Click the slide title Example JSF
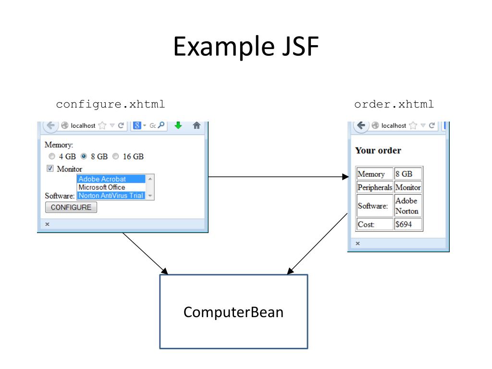(x=246, y=48)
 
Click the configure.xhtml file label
(x=111, y=104)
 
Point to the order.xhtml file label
(x=394, y=104)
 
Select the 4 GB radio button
(x=52, y=157)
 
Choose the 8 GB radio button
(x=84, y=157)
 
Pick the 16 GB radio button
(x=115, y=157)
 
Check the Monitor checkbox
(x=50, y=169)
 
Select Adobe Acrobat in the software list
(x=111, y=179)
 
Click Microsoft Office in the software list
(x=111, y=187)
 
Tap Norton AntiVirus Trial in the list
(x=111, y=196)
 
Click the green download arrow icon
(x=178, y=125)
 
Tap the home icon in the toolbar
(x=196, y=125)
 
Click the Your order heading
(x=378, y=150)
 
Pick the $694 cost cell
(x=407, y=224)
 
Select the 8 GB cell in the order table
(x=407, y=174)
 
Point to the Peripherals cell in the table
(x=375, y=187)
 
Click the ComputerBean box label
(x=234, y=312)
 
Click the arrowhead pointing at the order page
(x=345, y=177)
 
